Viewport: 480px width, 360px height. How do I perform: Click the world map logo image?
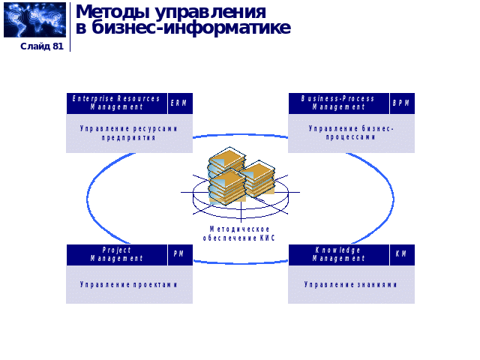(34, 20)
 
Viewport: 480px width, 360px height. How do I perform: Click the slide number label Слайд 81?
(41, 46)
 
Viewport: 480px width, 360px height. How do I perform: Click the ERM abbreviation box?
(179, 103)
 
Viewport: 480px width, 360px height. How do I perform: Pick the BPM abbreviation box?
(401, 103)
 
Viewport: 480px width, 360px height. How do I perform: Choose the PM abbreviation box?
(179, 254)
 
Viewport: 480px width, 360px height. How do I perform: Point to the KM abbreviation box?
(401, 254)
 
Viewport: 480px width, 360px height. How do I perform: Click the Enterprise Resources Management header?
(116, 103)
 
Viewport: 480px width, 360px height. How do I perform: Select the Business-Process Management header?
(338, 103)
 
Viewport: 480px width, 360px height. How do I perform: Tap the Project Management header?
(116, 254)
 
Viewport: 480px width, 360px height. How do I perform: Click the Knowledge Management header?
(338, 254)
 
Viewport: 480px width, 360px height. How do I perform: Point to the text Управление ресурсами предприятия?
(129, 133)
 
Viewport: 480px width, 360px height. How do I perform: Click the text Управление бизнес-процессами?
(351, 133)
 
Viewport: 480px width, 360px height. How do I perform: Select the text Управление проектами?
(129, 285)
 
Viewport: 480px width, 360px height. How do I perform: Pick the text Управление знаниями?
(351, 285)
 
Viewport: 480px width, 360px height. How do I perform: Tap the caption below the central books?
(240, 233)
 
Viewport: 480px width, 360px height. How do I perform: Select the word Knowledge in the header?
(337, 250)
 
